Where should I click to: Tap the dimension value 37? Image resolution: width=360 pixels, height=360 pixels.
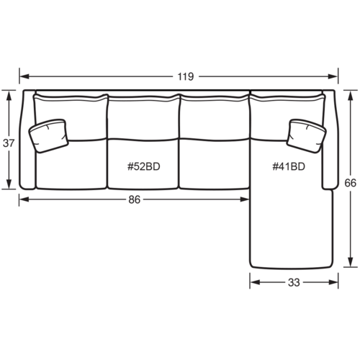[x=9, y=143]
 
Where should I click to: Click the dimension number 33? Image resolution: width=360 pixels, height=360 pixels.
[x=293, y=282]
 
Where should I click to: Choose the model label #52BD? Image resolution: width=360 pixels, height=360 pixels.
[x=143, y=166]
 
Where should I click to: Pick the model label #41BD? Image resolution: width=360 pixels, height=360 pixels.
[x=288, y=166]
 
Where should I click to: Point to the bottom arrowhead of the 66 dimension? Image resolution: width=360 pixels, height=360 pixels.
[x=351, y=264]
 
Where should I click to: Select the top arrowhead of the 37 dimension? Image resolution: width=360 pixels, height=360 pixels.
[x=9, y=92]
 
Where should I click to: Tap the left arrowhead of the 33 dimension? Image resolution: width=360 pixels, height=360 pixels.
[x=253, y=282]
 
